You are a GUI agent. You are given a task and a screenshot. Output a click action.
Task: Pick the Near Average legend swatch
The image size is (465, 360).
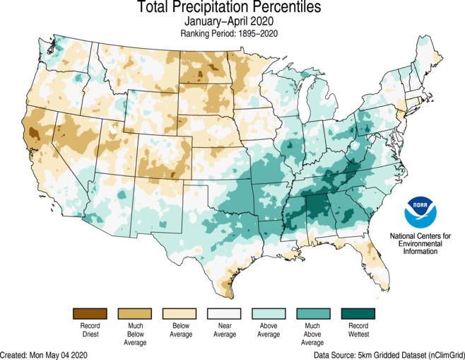(x=225, y=313)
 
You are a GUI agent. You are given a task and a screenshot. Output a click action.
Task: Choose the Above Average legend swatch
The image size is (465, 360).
(x=270, y=313)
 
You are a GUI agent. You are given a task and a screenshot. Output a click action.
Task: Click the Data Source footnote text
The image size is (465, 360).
(x=389, y=354)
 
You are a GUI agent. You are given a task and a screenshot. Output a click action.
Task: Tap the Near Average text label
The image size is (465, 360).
(x=225, y=330)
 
